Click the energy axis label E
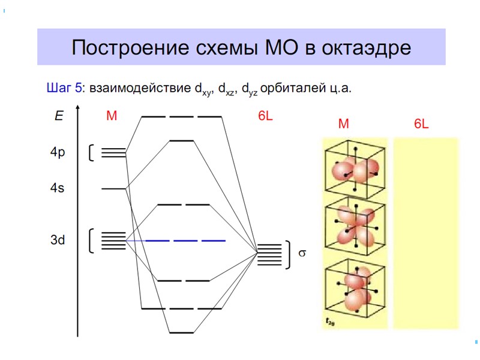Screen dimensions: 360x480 58,116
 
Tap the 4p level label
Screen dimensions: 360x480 58,152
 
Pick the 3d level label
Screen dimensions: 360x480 58,241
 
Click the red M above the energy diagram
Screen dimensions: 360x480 112,116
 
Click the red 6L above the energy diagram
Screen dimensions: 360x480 266,116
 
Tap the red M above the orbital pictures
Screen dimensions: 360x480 343,124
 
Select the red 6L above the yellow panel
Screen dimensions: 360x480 422,124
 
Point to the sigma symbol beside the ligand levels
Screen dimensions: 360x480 302,254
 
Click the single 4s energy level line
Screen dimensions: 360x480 113,189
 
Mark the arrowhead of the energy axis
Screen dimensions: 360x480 77,110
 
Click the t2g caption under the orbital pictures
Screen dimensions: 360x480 331,322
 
